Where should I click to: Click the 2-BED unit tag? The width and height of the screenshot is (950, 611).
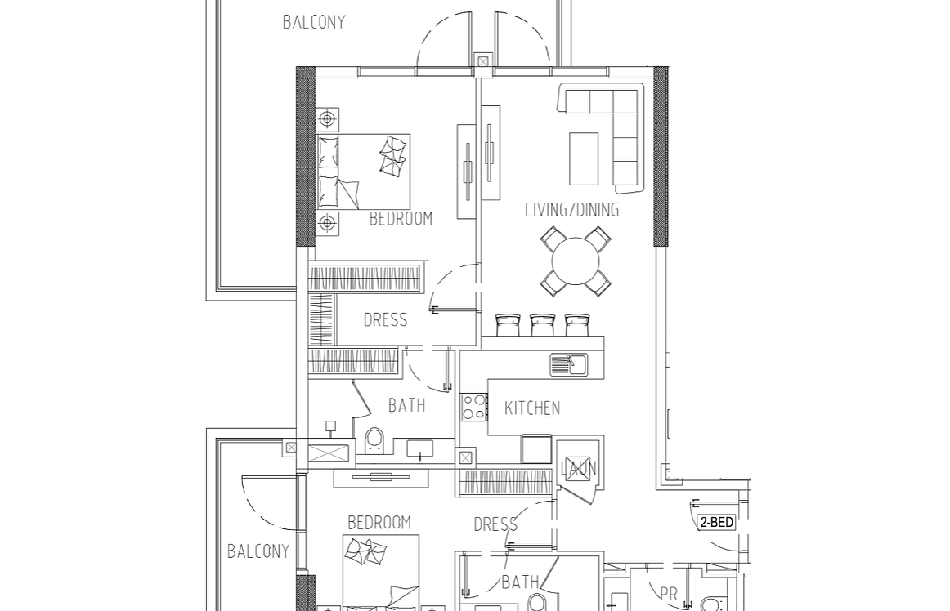(717, 522)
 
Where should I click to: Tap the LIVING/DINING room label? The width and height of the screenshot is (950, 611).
(572, 210)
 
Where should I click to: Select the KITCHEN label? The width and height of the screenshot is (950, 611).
(532, 408)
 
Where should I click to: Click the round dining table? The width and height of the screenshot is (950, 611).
(576, 261)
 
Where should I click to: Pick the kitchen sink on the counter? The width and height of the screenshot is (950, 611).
(569, 365)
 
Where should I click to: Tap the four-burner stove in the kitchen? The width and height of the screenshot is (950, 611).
(474, 406)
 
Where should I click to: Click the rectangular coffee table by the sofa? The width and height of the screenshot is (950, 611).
(584, 158)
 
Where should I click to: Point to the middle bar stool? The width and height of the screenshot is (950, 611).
(542, 324)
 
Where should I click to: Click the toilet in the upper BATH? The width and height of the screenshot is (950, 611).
(374, 440)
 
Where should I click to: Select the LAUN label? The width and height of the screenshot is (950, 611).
(579, 468)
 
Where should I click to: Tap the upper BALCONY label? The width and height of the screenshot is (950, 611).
(314, 22)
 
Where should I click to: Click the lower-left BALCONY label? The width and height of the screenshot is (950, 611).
(258, 551)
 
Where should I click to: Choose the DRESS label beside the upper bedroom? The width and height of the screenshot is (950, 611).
(385, 319)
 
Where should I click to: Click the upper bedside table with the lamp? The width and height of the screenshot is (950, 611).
(327, 119)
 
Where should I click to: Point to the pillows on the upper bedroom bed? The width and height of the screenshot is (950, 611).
(392, 156)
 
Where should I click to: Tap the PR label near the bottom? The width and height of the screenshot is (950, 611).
(669, 595)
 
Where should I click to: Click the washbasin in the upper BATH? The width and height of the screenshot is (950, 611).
(420, 449)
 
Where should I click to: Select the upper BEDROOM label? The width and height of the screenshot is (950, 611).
(401, 219)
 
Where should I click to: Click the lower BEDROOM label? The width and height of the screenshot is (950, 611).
(379, 523)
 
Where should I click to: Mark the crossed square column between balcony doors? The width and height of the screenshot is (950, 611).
(483, 62)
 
